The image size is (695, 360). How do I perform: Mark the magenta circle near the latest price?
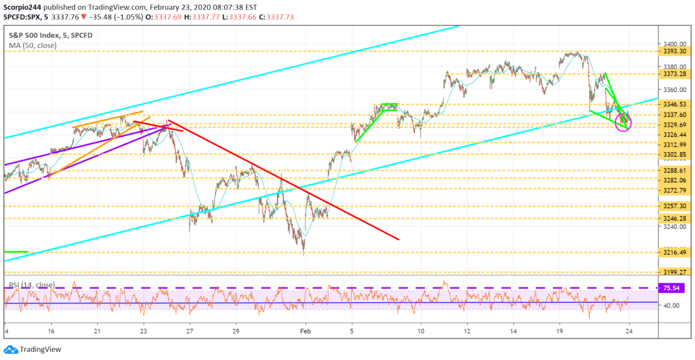click(x=623, y=123)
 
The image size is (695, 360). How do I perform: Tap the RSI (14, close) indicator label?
click(x=32, y=285)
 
